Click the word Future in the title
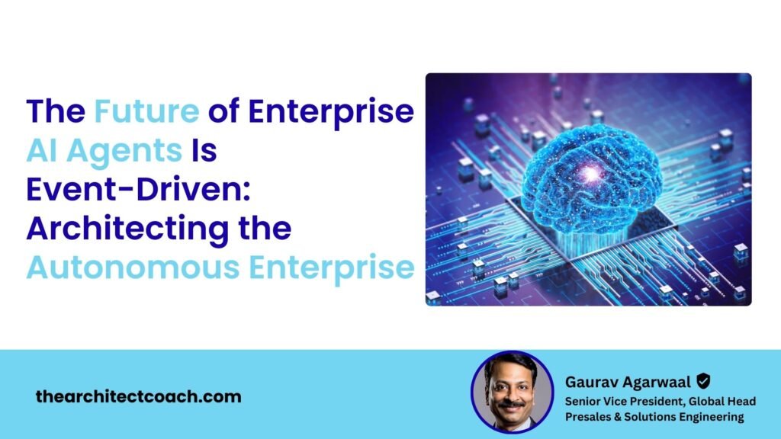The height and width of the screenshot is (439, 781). pos(146,111)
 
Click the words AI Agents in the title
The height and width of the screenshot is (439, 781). pos(104,150)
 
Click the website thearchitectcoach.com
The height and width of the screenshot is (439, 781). pos(138,396)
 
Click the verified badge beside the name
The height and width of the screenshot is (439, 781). pos(703,380)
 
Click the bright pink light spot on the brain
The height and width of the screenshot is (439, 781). pos(591,175)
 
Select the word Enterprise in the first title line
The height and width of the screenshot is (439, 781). pos(333,111)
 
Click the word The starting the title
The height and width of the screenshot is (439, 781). pos(56,111)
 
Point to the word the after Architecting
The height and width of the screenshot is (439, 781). pos(262,229)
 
